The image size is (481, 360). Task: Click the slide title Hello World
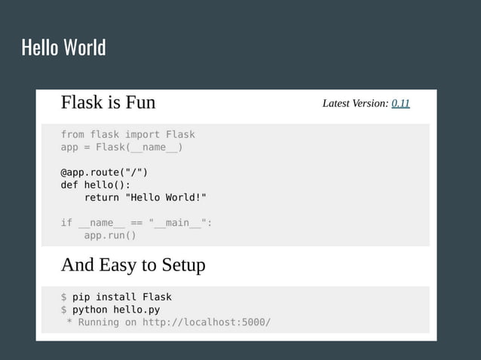63,48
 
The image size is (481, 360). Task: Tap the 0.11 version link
400,103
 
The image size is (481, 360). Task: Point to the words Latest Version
355,103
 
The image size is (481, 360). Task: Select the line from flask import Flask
127,135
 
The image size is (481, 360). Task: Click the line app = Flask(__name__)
121,147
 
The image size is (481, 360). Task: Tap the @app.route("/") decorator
104,172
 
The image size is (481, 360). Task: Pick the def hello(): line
95,185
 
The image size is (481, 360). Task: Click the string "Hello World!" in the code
165,197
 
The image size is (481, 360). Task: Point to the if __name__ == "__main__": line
136,222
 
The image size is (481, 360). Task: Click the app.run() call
110,235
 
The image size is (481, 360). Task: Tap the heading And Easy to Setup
133,265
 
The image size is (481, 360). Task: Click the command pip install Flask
122,297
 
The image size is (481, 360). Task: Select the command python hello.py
116,310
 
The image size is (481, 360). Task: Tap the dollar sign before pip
64,297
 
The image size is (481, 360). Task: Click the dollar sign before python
64,310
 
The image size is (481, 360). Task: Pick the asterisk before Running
69,322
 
